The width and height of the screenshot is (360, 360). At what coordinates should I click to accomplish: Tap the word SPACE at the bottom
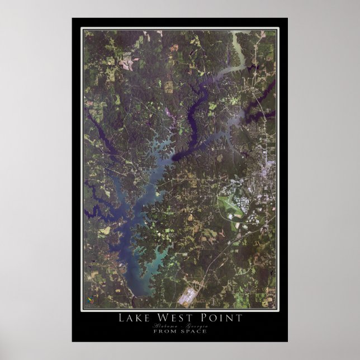[194, 331]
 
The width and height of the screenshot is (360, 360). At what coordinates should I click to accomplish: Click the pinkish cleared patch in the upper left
[128, 59]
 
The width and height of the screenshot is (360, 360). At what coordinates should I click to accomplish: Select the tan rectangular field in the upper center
[168, 86]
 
